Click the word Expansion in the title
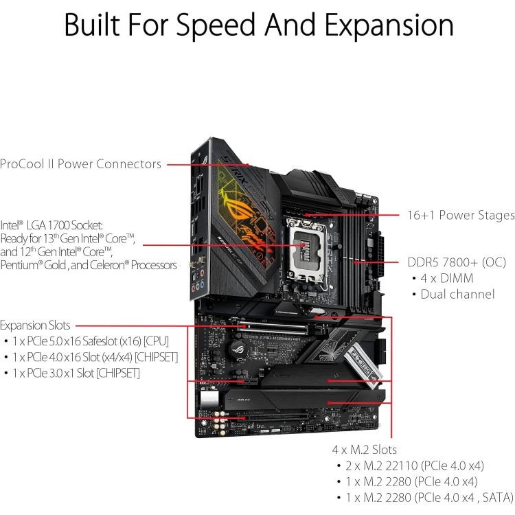(389, 25)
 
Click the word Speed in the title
(216, 25)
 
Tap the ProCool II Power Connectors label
(80, 163)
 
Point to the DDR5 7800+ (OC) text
(457, 262)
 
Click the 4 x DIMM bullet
(443, 278)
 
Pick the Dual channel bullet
(454, 294)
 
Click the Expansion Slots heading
(35, 325)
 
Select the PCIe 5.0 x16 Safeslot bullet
(87, 341)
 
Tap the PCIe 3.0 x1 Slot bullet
(73, 373)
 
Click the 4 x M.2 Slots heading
(364, 449)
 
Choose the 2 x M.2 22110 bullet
(411, 466)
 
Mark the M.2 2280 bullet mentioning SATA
(426, 497)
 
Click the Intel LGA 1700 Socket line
(51, 225)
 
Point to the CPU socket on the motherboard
(306, 251)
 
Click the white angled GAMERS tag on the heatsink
(363, 364)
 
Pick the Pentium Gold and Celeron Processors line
(89, 265)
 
